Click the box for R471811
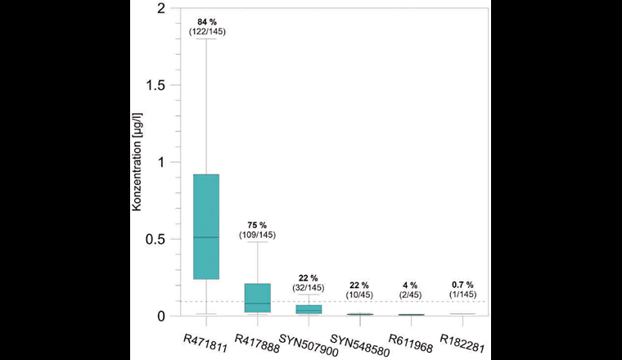click(205, 227)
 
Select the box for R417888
click(257, 298)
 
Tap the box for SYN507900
click(309, 309)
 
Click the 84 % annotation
click(206, 21)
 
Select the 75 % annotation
click(257, 225)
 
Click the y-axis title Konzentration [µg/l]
click(137, 162)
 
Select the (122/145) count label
click(206, 31)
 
